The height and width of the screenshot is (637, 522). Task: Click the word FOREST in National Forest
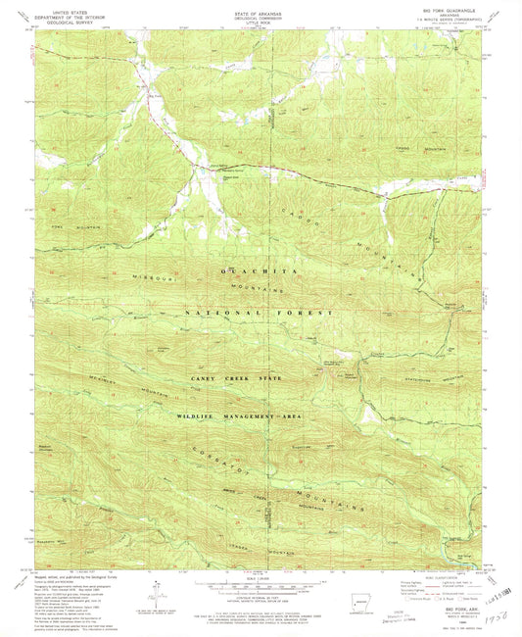305,313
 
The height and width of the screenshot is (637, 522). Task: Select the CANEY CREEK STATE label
225,377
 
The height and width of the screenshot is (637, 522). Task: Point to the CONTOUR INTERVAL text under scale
261,594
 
